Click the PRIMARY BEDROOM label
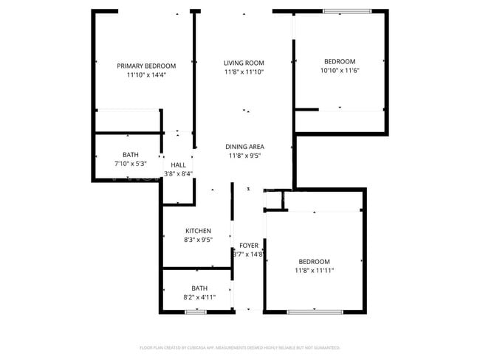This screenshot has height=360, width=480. click(146, 66)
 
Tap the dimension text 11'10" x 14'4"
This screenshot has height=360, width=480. click(146, 75)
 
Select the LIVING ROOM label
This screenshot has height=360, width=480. click(244, 63)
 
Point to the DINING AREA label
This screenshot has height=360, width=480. click(244, 147)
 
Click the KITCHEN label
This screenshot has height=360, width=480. click(198, 230)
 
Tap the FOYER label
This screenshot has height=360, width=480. click(249, 245)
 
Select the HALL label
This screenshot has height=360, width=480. click(178, 165)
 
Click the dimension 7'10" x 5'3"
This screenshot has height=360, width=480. click(131, 163)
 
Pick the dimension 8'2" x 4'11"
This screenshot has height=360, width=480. click(199, 297)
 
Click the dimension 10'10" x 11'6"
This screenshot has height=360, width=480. click(340, 70)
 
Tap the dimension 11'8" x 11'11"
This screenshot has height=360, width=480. click(314, 271)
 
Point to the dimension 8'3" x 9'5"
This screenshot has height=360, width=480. click(198, 239)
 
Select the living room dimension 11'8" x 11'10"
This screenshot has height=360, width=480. click(244, 72)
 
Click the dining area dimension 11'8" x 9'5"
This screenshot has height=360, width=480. click(244, 156)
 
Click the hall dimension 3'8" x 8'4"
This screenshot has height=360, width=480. click(178, 174)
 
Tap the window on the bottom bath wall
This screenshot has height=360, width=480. click(195, 312)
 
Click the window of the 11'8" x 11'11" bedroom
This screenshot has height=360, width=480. click(315, 312)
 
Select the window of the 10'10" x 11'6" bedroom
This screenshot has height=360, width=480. click(347, 10)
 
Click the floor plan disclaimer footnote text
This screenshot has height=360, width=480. click(239, 347)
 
